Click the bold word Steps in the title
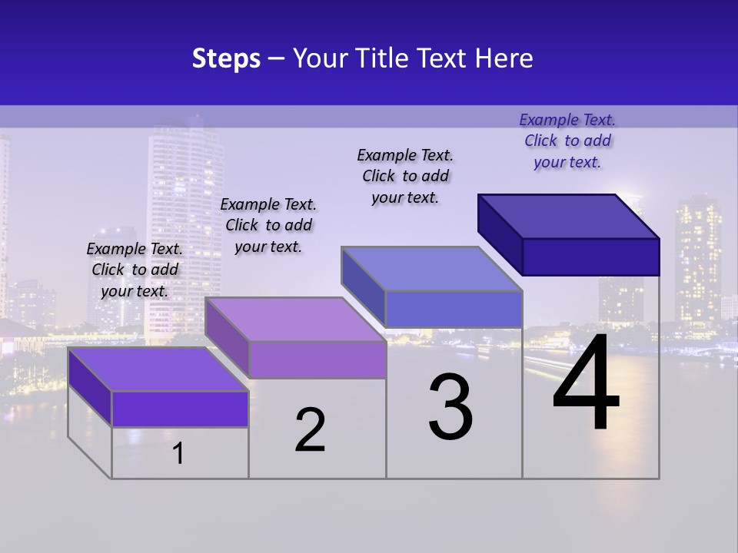point(226,58)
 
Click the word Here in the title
point(505,58)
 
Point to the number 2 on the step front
point(310,429)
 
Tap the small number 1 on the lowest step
point(178,453)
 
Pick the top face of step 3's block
point(431,269)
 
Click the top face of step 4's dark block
point(569,217)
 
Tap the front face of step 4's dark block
point(590,257)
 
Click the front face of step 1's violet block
point(180,409)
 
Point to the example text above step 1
point(135,270)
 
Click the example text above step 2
point(268,225)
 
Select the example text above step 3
point(405,176)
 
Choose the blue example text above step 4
point(567,141)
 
